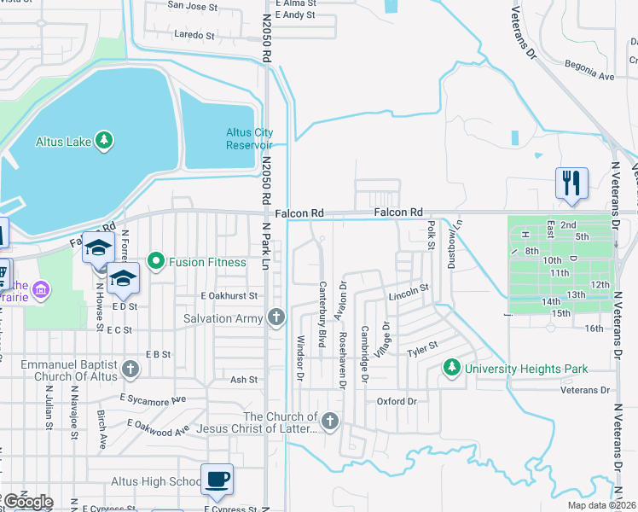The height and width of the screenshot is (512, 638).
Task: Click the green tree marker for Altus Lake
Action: pos(104,141)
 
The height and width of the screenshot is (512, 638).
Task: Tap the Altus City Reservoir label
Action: pos(250,138)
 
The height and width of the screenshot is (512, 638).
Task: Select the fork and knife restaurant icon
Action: pos(571,183)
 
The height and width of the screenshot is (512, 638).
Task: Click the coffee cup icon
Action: pos(217,479)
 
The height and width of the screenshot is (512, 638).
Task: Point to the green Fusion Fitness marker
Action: pos(155,262)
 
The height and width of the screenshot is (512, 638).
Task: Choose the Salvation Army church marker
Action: pos(275,318)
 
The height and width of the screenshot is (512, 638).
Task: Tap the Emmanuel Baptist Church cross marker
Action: pos(130,369)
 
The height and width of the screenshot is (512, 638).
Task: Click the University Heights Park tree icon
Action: pos(452,369)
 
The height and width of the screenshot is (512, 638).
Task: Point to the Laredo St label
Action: pos(194,35)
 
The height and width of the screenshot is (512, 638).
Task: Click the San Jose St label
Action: pos(191,5)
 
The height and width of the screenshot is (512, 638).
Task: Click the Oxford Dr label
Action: pos(397,401)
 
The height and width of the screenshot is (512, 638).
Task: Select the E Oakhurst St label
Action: pos(229,295)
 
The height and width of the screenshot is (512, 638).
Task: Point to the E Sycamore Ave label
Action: pos(153,399)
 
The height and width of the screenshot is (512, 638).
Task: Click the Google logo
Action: pos(28,502)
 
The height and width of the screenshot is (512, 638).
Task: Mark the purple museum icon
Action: pos(39,293)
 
